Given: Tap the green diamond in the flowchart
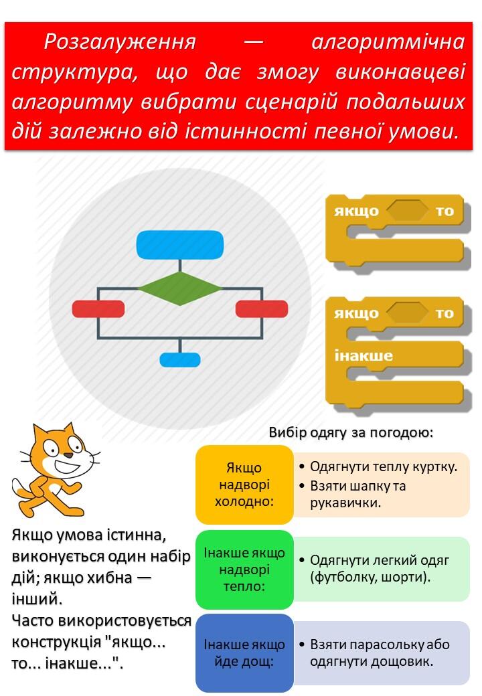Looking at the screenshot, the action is point(180,289).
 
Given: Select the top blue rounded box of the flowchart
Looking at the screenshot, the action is point(180,244).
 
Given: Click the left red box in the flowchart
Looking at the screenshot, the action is point(98,309).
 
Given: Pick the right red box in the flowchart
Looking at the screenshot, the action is point(261,309).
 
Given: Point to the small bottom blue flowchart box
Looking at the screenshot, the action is point(180,359).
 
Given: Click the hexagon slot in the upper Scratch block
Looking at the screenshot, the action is point(408,210).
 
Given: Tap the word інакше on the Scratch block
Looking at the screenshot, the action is point(364,355).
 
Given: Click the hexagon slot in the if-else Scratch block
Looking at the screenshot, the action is point(406,313).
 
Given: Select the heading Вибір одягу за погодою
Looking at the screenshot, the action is point(351,432).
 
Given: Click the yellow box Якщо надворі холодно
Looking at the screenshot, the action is point(244,485).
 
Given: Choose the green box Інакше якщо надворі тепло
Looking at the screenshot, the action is point(244,570).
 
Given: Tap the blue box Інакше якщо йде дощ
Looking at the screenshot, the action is point(244,653).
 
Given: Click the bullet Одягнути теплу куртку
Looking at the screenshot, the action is point(378,466).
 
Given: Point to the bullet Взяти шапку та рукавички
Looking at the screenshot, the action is point(353,494).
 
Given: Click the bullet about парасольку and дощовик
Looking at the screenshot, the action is point(375,653).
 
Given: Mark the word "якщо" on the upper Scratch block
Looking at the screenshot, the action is point(356,211).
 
